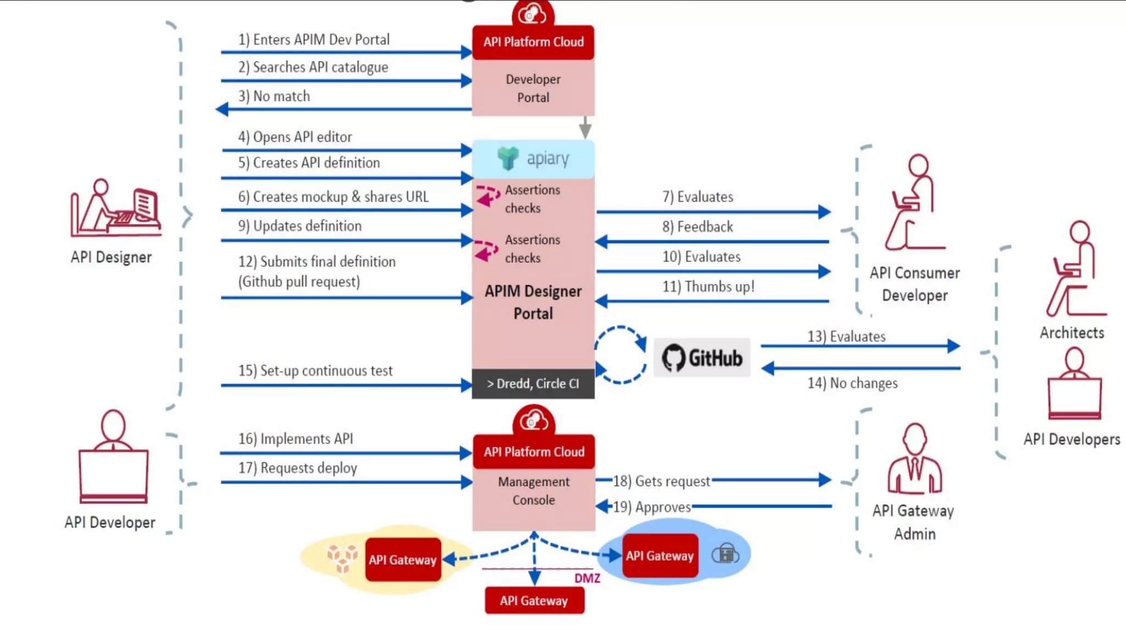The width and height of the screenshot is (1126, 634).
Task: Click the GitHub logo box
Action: click(702, 358)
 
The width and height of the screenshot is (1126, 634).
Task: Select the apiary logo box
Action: click(533, 158)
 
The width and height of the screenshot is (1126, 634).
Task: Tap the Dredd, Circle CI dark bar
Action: click(533, 384)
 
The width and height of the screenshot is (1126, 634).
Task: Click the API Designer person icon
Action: click(115, 208)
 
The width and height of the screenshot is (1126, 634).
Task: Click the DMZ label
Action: click(587, 578)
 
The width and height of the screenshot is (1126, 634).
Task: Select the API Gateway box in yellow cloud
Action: click(402, 560)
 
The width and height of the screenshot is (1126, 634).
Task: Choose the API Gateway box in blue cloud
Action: click(660, 556)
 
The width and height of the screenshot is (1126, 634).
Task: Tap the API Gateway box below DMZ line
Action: click(534, 600)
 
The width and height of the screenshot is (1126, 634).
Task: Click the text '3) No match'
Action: click(274, 96)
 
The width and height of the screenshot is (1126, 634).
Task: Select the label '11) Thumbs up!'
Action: click(708, 287)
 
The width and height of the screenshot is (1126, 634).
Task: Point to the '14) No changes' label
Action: click(852, 383)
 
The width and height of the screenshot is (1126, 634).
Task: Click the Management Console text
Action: click(533, 491)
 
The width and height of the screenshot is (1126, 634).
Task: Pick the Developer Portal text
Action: click(533, 88)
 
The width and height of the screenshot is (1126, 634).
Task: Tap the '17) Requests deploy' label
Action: click(297, 468)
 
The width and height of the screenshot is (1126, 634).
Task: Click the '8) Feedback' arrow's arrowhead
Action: click(601, 242)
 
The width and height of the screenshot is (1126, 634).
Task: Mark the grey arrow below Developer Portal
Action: click(586, 128)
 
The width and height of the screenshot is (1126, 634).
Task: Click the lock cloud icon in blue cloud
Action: click(725, 554)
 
